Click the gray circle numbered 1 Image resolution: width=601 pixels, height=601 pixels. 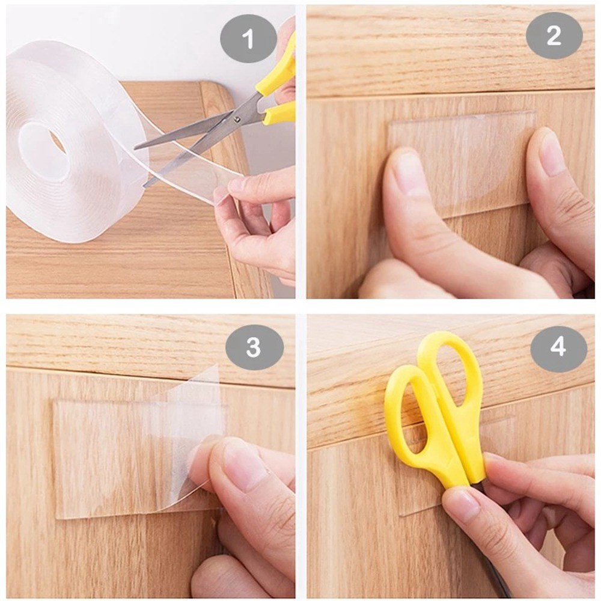click(248, 40)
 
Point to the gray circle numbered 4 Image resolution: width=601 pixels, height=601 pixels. click(558, 347)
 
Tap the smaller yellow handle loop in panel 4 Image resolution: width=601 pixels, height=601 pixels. click(415, 415)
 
